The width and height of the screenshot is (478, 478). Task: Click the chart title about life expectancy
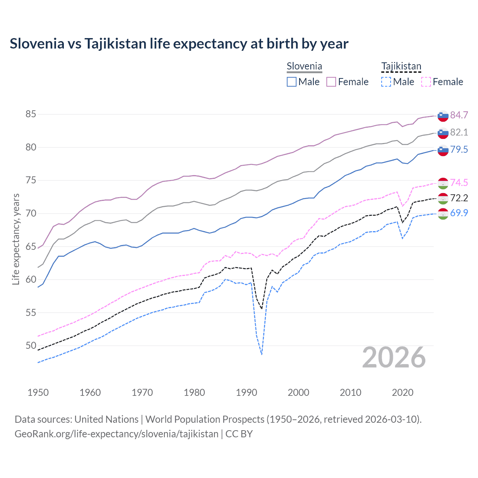pyautogui.click(x=179, y=44)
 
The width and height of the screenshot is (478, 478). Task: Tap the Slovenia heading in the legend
pyautogui.click(x=304, y=66)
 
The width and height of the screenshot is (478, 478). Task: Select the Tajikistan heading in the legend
pyautogui.click(x=401, y=66)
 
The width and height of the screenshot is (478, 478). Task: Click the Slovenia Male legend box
pyautogui.click(x=292, y=82)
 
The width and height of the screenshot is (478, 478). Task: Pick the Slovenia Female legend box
pyautogui.click(x=331, y=82)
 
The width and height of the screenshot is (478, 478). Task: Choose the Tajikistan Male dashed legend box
pyautogui.click(x=386, y=82)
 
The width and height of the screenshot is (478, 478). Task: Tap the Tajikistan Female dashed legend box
pyautogui.click(x=426, y=82)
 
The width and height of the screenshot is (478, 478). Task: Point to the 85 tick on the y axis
pyautogui.click(x=31, y=114)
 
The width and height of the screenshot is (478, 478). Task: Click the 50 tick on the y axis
pyautogui.click(x=31, y=346)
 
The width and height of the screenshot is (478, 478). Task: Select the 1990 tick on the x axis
pyautogui.click(x=246, y=392)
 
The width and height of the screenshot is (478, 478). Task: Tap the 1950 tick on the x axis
pyautogui.click(x=38, y=392)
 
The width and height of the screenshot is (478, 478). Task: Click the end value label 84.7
pyautogui.click(x=459, y=115)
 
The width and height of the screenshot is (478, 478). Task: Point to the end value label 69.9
pyautogui.click(x=459, y=213)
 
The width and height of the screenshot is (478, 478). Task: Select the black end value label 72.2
pyautogui.click(x=459, y=198)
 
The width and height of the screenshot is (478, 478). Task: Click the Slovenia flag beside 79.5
pyautogui.click(x=443, y=150)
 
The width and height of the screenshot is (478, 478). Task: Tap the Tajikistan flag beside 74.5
pyautogui.click(x=443, y=183)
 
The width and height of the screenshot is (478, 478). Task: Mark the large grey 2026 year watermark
pyautogui.click(x=394, y=357)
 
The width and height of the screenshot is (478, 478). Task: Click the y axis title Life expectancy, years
pyautogui.click(x=16, y=239)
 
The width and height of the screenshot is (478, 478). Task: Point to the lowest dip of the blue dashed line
pyautogui.click(x=262, y=354)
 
